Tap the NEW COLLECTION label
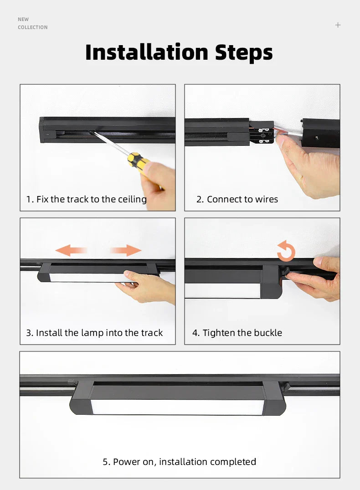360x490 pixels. coord(32,23)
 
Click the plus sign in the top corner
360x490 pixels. coord(338,25)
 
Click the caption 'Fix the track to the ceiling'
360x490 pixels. coord(87,199)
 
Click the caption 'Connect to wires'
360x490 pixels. coord(237,199)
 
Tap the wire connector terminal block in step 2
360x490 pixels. coord(262,132)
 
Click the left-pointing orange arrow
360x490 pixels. coord(71,250)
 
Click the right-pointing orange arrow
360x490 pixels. coord(126,250)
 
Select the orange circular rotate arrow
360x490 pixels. coord(286,251)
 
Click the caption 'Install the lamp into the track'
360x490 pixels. coord(94,333)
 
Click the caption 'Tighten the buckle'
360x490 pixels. coord(237,333)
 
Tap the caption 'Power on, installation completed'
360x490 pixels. coord(180,462)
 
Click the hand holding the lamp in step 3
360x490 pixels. coord(148,287)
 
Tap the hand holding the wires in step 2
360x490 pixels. coord(310,166)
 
